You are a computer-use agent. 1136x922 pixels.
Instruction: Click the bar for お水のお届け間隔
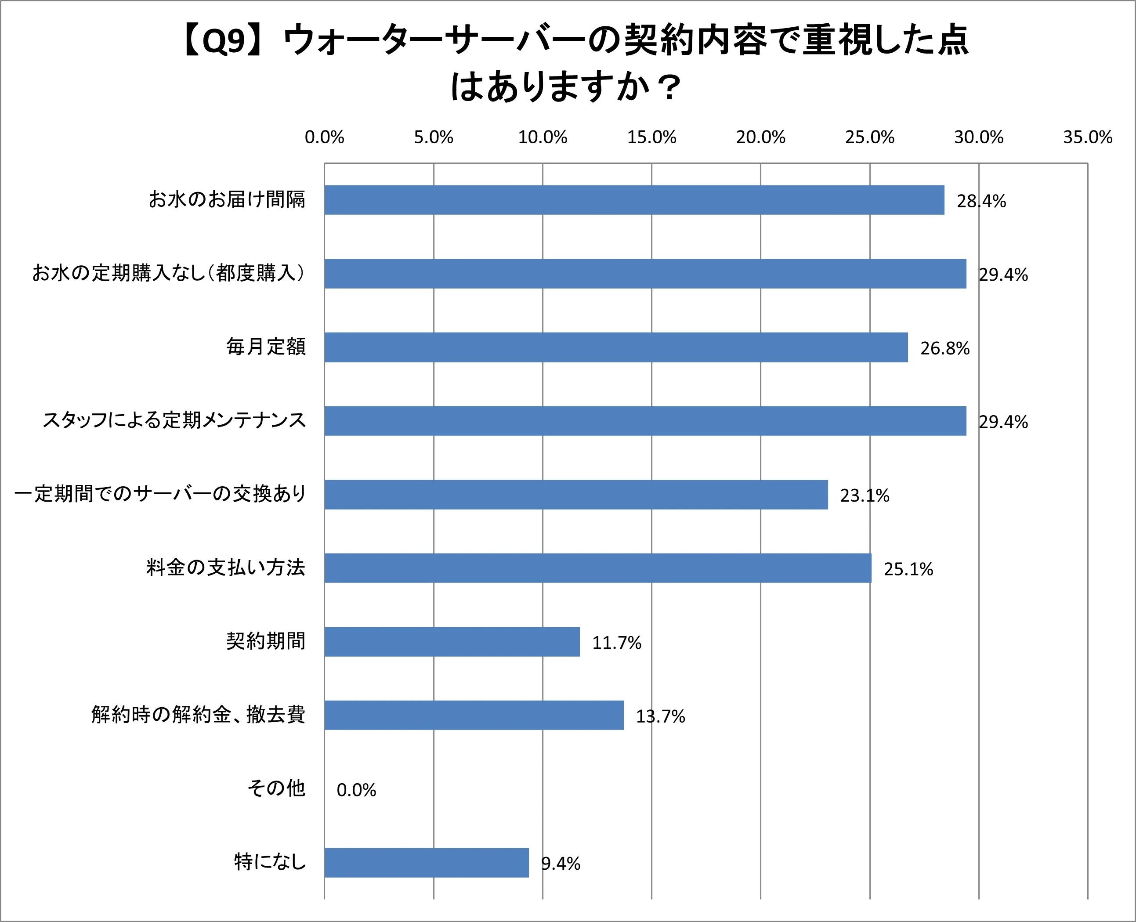click(634, 200)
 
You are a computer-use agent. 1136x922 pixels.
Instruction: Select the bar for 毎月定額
click(616, 347)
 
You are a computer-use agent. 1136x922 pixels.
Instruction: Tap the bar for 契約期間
click(452, 642)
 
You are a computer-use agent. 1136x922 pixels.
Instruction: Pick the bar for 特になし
click(427, 863)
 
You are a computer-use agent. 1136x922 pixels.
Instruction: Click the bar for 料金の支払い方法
click(597, 568)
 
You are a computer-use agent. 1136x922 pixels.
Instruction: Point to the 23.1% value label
click(864, 495)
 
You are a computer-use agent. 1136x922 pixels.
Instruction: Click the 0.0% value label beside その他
click(356, 790)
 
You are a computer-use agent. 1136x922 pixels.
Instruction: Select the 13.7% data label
click(660, 716)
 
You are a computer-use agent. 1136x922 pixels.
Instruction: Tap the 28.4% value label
click(981, 201)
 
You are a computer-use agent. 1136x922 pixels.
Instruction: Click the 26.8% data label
click(945, 348)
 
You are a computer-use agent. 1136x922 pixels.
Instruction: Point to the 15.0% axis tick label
click(651, 137)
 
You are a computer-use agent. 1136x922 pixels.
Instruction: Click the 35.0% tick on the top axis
click(1087, 137)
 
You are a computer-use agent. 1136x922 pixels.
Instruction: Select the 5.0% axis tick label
click(434, 137)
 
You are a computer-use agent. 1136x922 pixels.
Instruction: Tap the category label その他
click(276, 788)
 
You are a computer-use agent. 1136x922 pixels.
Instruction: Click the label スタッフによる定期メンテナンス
click(174, 420)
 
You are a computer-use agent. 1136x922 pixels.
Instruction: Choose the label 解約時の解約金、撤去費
click(198, 714)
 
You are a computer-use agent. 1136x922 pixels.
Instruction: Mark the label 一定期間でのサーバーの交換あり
click(160, 493)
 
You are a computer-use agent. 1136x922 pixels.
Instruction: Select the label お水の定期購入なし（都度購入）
click(168, 273)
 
